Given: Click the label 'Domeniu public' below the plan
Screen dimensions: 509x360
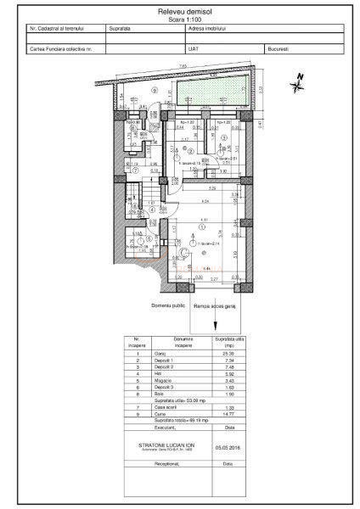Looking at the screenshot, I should click(x=168, y=304).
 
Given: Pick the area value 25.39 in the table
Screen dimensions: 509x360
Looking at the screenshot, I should click(x=223, y=355).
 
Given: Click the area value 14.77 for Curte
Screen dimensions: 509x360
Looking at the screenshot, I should click(x=223, y=413).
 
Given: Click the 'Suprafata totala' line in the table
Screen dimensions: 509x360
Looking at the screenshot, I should click(x=182, y=420).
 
